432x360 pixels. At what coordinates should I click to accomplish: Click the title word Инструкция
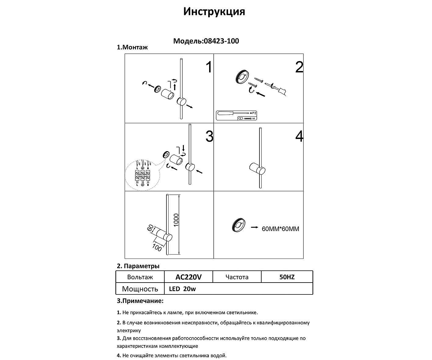click(214, 12)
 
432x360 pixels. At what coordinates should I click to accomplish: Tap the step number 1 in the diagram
click(209, 67)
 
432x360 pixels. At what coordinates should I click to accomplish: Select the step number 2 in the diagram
click(299, 67)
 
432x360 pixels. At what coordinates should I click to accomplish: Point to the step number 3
click(209, 136)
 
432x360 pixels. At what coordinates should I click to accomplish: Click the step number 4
click(299, 136)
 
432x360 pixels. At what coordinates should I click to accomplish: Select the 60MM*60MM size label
click(280, 229)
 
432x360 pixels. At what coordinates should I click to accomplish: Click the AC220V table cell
click(188, 277)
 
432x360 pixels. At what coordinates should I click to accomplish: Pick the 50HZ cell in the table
click(287, 277)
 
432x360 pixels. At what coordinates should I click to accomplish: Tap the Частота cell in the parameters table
click(237, 277)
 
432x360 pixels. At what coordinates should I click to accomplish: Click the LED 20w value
click(182, 289)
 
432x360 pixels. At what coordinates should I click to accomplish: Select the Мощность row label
click(140, 289)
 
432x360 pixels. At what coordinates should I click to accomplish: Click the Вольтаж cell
click(140, 277)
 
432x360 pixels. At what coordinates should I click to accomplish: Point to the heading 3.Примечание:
click(140, 301)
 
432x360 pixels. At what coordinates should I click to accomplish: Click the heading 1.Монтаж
click(132, 48)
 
